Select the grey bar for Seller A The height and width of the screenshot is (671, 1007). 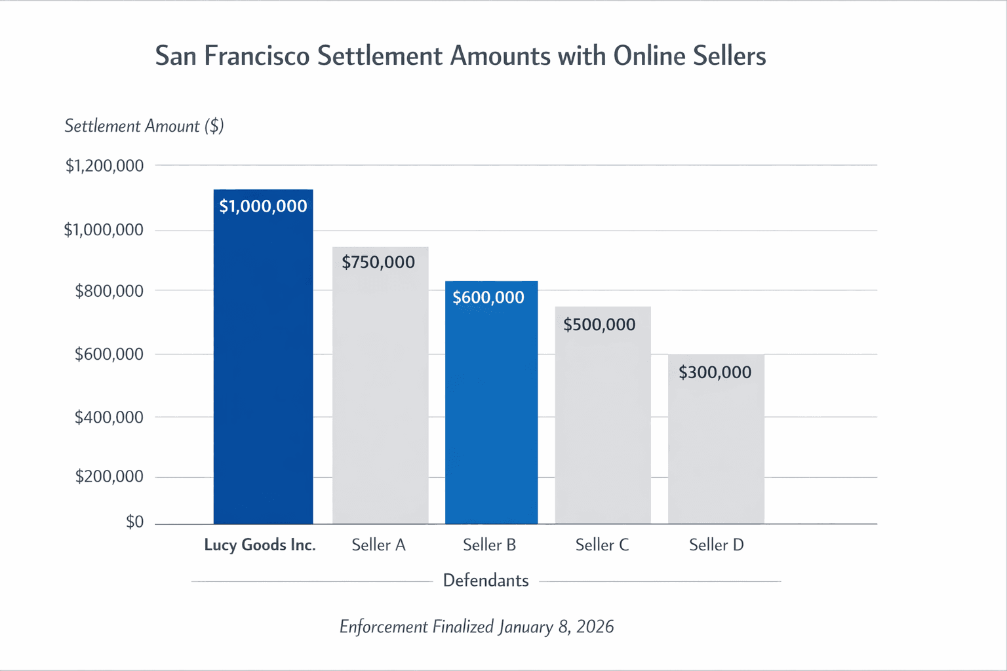(380, 393)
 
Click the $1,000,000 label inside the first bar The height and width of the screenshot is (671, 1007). (263, 206)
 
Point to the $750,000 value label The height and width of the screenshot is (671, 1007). (378, 262)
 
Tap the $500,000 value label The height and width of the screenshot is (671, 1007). (599, 324)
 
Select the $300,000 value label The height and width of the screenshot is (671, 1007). (715, 372)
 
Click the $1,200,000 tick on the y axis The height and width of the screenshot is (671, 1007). (104, 166)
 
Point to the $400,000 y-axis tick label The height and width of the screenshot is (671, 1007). (109, 417)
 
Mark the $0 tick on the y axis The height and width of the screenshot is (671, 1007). (134, 522)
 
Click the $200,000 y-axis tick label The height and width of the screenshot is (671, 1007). (109, 476)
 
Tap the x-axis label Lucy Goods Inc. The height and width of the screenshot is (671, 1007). (260, 545)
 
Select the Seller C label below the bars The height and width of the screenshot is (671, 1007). (602, 545)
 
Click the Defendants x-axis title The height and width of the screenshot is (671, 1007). (486, 581)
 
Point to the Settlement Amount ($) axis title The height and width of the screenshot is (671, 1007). (144, 126)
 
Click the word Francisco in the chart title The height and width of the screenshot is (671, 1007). (257, 56)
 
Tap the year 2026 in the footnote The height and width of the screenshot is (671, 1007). (595, 627)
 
